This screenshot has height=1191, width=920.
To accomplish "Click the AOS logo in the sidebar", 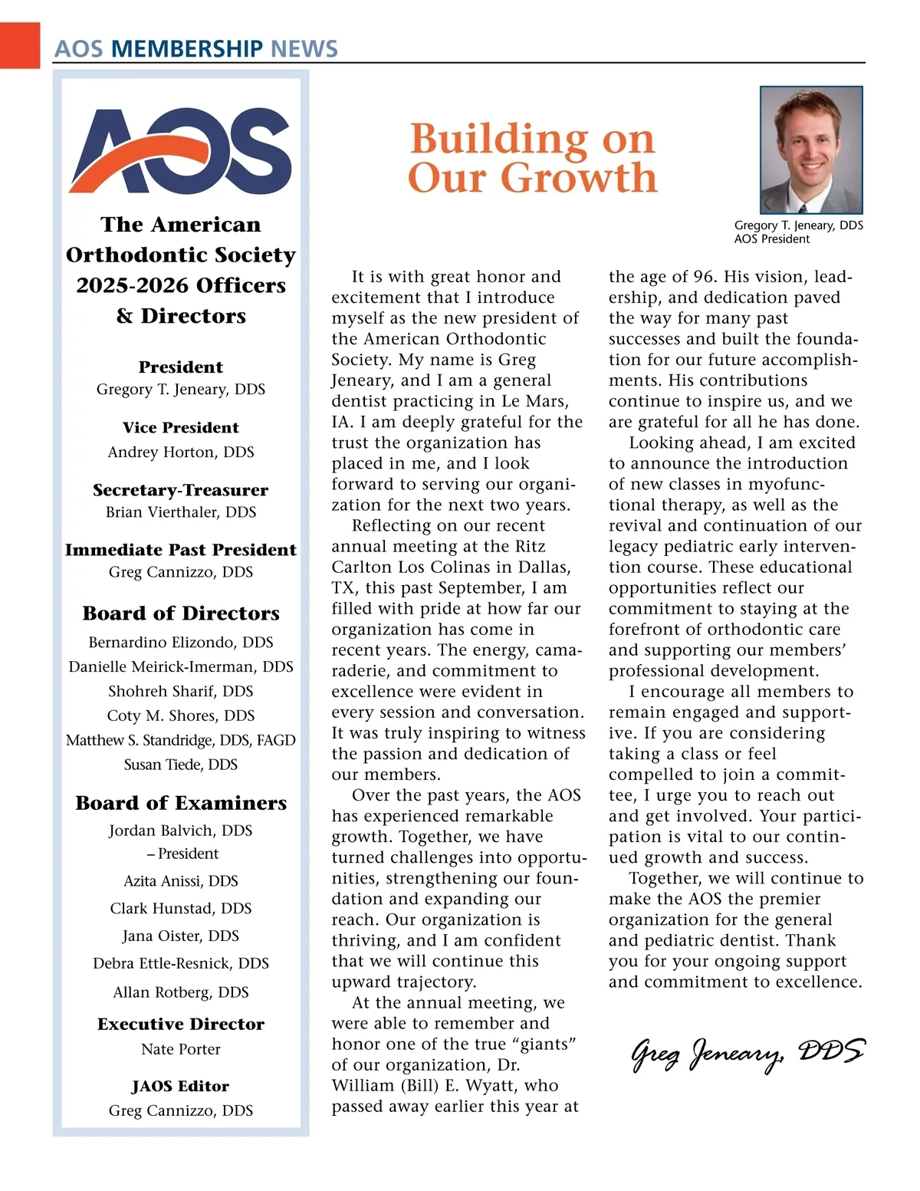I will (181, 150).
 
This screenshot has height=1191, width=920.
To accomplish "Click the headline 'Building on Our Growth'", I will (532, 158).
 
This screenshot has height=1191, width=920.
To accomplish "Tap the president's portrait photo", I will (811, 150).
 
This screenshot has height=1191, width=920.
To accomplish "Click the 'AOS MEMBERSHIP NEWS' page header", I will (195, 48).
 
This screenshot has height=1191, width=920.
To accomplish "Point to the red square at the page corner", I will (19, 45).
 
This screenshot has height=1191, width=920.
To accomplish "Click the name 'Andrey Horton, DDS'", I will (181, 452).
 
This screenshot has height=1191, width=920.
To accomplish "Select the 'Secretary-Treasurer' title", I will (181, 490).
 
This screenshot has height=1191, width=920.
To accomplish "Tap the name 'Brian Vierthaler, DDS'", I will (181, 512).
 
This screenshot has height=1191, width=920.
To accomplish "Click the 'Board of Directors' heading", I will (181, 614).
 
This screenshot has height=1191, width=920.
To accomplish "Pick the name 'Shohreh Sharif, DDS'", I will (181, 691).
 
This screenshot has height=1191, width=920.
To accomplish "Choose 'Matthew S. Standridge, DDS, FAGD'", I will (181, 740).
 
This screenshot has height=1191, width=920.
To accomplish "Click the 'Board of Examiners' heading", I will (181, 803).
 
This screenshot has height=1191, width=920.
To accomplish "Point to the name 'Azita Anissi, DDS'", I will (181, 880).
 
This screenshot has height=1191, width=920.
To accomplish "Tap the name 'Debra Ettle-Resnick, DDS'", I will (181, 963).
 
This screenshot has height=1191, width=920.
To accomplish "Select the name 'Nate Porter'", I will (181, 1049).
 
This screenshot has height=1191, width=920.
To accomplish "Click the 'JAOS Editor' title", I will (181, 1086).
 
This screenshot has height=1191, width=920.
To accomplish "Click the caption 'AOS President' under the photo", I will (771, 239).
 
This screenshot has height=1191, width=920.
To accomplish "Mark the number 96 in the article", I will (705, 277).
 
